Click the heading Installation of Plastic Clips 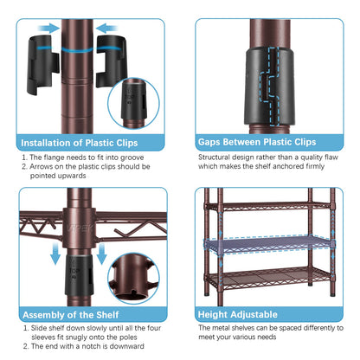80,143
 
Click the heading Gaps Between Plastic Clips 257,142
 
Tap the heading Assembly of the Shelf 71,315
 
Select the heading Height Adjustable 238,314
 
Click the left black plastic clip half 43,65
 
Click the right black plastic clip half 112,61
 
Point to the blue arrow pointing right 48,29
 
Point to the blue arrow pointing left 106,29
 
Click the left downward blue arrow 55,254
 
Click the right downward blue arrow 101,254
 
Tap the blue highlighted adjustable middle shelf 269,245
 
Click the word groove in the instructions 132,157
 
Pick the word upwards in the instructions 72,176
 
